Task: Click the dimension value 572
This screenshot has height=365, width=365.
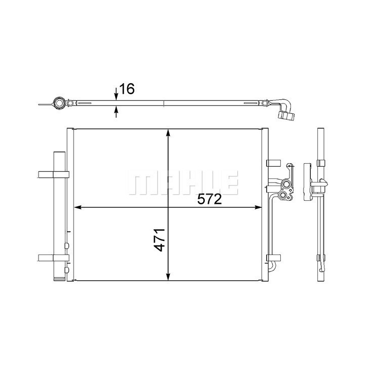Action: point(209,199)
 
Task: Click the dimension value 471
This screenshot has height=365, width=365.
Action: point(160,240)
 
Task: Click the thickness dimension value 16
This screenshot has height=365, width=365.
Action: point(127,89)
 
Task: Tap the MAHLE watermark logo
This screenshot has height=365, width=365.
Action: point(182,182)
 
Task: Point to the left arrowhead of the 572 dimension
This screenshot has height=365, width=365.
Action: point(78,207)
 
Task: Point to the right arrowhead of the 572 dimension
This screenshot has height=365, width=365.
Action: point(258,207)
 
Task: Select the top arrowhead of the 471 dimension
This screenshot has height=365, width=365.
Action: point(168,133)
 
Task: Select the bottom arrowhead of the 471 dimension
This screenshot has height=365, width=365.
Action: point(168,276)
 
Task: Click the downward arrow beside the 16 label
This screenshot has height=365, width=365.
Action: point(116,94)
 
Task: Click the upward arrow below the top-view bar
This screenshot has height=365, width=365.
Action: point(116,112)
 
